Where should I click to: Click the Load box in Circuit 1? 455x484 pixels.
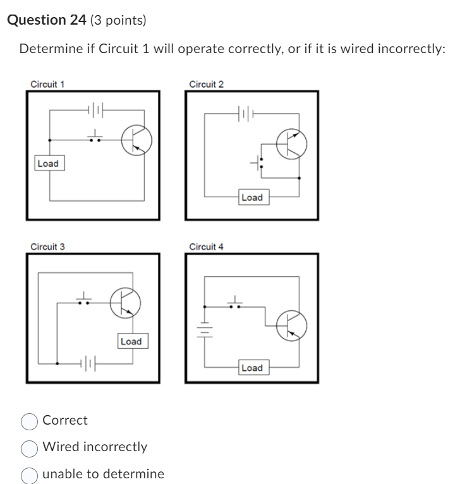[48, 164]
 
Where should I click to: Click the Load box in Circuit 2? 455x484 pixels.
[252, 198]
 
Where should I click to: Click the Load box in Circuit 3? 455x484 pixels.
[131, 341]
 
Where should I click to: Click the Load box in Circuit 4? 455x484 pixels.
[252, 368]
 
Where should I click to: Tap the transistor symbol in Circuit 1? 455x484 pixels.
[134, 140]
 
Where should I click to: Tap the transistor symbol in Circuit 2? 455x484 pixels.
[292, 144]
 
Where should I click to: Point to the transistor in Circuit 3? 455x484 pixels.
[124, 303]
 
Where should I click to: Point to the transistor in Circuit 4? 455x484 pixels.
[292, 325]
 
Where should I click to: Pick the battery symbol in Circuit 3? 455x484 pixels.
[89, 364]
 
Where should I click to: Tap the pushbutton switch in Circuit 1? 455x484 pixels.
[95, 137]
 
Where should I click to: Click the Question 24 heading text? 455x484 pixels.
[47, 20]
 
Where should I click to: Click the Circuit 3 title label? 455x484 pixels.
[47, 246]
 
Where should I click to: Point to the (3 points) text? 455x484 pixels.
[118, 20]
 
